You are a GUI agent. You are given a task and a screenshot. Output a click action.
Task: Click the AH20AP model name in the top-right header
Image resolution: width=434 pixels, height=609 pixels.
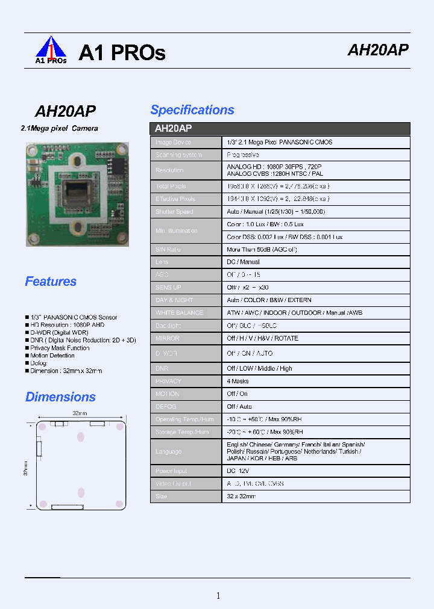point(378,51)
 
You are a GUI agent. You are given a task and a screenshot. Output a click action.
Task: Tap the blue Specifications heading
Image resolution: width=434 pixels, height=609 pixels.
point(192,110)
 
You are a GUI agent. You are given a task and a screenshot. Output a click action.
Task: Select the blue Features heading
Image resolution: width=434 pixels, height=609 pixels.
point(51,282)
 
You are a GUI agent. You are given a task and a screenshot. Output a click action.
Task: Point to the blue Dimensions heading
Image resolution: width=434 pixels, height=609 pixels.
point(60,397)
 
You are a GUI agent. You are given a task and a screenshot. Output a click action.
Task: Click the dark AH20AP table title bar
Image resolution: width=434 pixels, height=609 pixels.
point(280,129)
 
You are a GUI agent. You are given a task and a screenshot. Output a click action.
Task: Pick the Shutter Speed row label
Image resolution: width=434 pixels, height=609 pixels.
point(174,212)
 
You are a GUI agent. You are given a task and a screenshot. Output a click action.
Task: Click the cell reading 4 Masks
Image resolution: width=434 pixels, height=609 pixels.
point(237,382)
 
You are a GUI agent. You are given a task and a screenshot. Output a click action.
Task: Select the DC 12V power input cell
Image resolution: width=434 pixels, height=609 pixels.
point(239,472)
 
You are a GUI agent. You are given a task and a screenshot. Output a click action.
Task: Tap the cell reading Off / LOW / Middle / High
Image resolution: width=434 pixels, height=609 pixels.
point(259,368)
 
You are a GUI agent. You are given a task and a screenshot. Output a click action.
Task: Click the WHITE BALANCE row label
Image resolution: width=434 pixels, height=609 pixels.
point(180,313)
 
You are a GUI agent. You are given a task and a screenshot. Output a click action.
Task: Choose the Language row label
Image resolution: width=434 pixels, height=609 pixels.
point(169,452)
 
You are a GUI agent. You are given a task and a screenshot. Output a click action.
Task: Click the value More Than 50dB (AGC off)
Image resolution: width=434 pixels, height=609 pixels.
point(262,250)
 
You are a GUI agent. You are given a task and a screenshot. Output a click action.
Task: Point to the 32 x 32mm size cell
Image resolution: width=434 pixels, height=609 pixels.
point(241,496)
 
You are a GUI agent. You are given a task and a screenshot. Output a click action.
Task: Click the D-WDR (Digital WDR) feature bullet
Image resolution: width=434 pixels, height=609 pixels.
point(59,333)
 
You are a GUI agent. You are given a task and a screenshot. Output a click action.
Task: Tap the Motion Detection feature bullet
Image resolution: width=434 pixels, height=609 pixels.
point(60,356)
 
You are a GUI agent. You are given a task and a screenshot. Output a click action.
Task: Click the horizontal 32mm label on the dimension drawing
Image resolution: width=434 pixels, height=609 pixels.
point(80,413)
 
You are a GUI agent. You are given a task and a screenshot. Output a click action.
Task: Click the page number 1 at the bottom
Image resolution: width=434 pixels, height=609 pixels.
point(218,596)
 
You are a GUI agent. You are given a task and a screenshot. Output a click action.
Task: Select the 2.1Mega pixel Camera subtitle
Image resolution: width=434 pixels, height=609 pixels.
point(59,129)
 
